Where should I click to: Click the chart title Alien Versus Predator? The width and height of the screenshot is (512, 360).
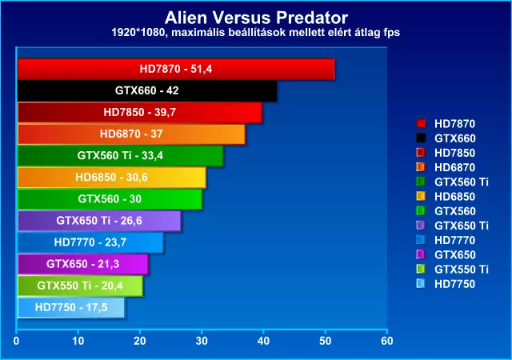point(256,18)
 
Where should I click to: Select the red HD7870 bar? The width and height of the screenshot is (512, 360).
point(176,69)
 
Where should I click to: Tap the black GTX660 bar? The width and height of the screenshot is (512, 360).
point(147,90)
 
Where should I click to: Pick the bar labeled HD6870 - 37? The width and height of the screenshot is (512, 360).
point(131,134)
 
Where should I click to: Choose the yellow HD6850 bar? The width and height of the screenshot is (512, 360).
point(112,178)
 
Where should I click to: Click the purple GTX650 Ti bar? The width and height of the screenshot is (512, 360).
point(99,221)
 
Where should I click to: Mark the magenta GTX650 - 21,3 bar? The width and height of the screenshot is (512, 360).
point(83,264)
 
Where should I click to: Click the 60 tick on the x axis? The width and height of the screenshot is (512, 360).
point(387,341)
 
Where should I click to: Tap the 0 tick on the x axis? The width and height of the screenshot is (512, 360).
point(16,341)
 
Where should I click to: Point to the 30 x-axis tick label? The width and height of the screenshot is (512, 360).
point(202,341)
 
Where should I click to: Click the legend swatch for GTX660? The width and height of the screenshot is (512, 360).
point(421,138)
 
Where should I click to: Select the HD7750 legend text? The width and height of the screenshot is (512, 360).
point(454,284)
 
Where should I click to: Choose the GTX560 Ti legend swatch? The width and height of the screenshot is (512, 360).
point(421,182)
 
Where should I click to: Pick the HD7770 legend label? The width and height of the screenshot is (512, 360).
point(454,241)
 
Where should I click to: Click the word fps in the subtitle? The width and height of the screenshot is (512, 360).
point(391,33)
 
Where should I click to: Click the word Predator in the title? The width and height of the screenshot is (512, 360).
point(312,18)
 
